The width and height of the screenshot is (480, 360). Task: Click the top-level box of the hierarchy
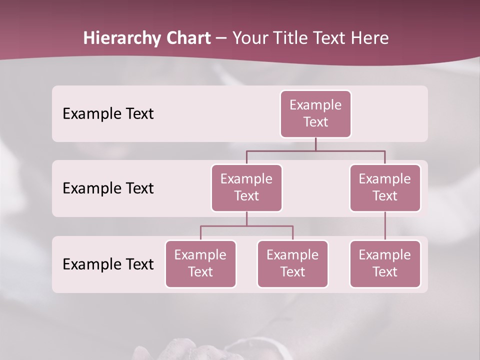[315, 113]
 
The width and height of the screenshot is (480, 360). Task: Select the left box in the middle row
[246, 187]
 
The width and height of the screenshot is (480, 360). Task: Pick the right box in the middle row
[385, 187]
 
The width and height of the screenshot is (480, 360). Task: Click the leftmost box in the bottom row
[200, 263]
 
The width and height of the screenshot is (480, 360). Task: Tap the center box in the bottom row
[292, 263]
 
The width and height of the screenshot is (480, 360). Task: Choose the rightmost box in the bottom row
[385, 263]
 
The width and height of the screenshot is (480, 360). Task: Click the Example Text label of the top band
[108, 114]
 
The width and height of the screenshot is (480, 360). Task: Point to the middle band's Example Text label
[108, 188]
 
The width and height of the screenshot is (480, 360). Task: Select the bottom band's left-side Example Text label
[108, 264]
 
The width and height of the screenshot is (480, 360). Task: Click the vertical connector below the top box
[315, 144]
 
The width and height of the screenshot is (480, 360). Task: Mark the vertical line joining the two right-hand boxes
[385, 226]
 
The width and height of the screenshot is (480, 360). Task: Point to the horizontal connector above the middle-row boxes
[315, 150]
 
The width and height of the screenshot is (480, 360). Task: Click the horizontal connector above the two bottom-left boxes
[246, 226]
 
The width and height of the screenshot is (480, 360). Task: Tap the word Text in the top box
[315, 122]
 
